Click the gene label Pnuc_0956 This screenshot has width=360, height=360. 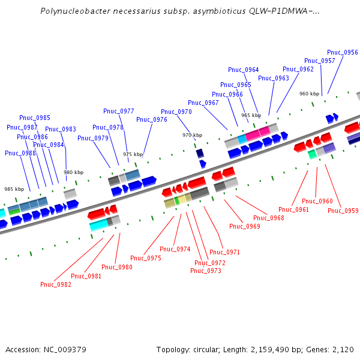coord(343,52)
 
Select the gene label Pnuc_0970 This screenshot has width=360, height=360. coord(176,112)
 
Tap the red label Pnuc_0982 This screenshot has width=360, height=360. coord(56,284)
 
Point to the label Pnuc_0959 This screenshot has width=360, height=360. coord(343,211)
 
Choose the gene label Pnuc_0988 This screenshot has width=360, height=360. coord(20,153)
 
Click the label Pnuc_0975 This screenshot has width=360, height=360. coord(146,258)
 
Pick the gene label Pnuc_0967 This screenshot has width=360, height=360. coord(203,103)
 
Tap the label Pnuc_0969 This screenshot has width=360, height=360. coord(245,226)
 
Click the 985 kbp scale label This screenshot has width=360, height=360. coord(14,189)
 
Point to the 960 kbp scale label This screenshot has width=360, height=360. coord(309,94)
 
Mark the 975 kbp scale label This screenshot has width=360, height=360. coord(133,154)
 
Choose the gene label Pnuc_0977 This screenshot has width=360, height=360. coord(119,111)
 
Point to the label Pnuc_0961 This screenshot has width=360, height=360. coord(294,209)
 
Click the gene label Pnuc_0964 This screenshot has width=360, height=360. coord(244,70)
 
